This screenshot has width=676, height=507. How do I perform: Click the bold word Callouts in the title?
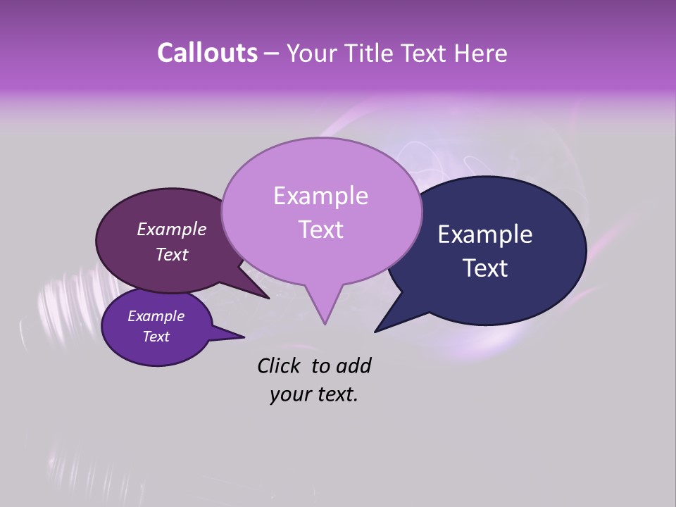(207, 53)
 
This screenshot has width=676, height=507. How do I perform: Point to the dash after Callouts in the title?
(273, 54)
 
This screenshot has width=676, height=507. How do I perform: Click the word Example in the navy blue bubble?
(485, 234)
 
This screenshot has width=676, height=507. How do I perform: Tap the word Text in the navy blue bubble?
(485, 268)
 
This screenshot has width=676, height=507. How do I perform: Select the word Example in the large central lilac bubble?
(320, 196)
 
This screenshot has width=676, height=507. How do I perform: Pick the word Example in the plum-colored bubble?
(172, 230)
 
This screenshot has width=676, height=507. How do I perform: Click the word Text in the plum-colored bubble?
(172, 254)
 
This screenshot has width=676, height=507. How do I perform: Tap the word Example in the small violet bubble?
(156, 316)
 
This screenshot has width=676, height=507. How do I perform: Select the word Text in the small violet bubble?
(156, 337)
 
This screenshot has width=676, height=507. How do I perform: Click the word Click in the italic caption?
(280, 365)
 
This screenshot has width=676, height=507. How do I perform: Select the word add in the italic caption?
(353, 365)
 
